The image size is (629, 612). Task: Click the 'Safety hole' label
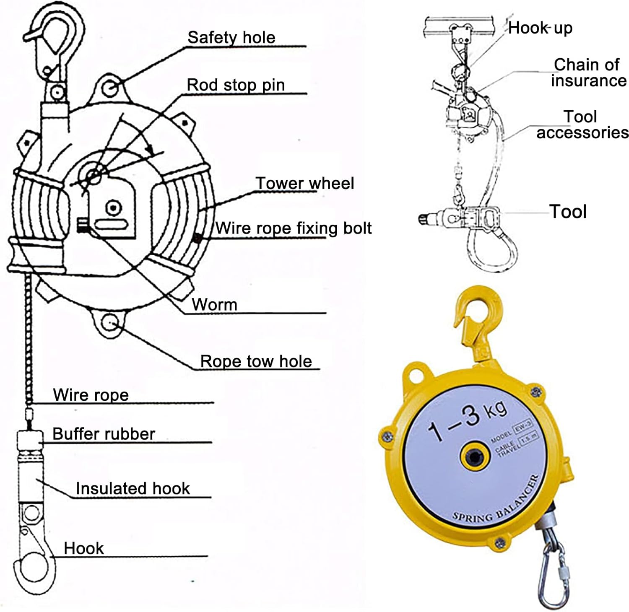pos(231,37)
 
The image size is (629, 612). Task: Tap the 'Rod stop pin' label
pos(236,85)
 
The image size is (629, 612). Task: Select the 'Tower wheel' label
pos(305,183)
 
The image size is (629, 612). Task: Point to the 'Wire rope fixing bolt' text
pos(294,228)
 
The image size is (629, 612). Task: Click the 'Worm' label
pos(214,304)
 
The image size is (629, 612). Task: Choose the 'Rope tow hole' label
pos(256,361)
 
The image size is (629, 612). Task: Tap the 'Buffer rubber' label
pos(104,434)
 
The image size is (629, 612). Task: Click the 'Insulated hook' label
pos(133,488)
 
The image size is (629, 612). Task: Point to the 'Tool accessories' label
pos(582,124)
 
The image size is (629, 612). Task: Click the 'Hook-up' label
pos(540,28)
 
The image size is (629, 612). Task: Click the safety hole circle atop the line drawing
pos(111,88)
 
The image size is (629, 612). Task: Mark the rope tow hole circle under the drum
pos(110,323)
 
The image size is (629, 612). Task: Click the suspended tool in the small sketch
pos(461,217)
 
